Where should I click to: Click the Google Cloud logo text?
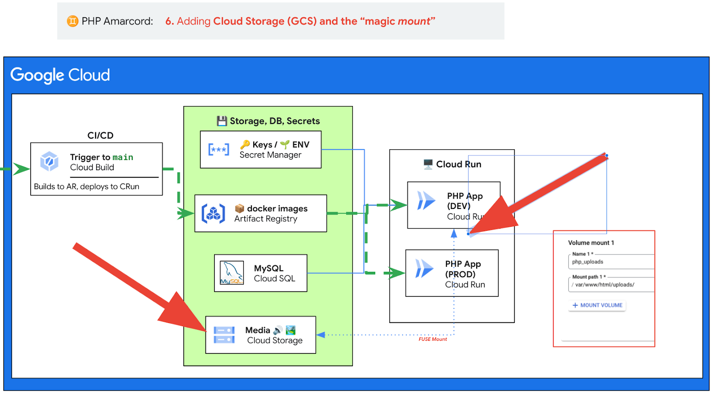click(x=60, y=75)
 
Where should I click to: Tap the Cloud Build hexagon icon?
click(x=49, y=161)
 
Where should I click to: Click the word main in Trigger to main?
click(x=123, y=157)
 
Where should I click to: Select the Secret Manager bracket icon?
click(x=219, y=150)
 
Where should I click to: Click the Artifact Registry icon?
click(x=213, y=213)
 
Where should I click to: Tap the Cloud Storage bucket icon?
click(x=224, y=335)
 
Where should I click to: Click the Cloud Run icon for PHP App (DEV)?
click(x=426, y=201)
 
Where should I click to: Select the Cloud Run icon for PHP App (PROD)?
click(x=424, y=269)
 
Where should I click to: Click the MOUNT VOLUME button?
click(x=597, y=305)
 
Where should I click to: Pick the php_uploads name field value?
click(x=588, y=262)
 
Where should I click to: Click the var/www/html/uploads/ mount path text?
click(x=604, y=285)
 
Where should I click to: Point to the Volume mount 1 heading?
click(x=591, y=243)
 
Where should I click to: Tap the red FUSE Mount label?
click(x=433, y=339)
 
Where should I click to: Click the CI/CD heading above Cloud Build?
click(x=101, y=135)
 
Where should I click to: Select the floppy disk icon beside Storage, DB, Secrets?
click(x=222, y=121)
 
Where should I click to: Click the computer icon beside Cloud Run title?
click(x=428, y=164)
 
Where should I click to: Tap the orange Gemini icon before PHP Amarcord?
click(x=73, y=21)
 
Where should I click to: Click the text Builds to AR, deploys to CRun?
click(x=87, y=187)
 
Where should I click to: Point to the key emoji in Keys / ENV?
click(x=245, y=144)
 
